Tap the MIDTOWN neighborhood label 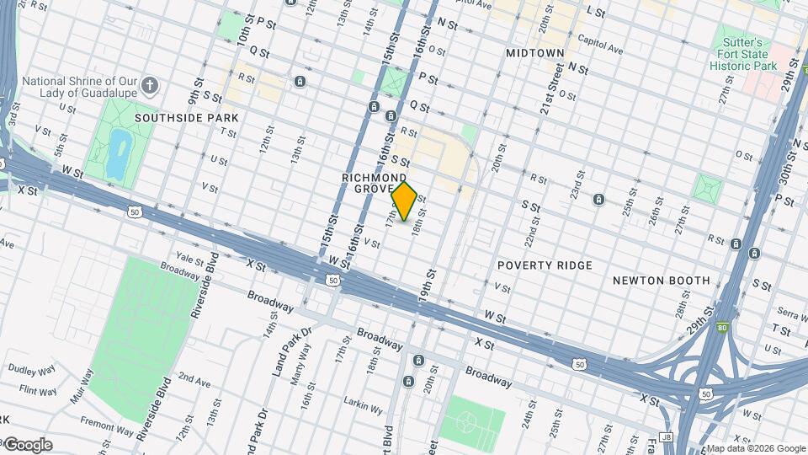tap(535, 53)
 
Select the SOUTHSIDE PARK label tap(186, 118)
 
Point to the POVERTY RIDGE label tap(545, 265)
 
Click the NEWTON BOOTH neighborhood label tap(661, 281)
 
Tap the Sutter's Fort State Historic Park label tap(742, 53)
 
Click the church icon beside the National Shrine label tap(149, 86)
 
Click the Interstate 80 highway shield tap(722, 327)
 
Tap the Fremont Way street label tap(106, 424)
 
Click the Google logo tap(27, 445)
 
